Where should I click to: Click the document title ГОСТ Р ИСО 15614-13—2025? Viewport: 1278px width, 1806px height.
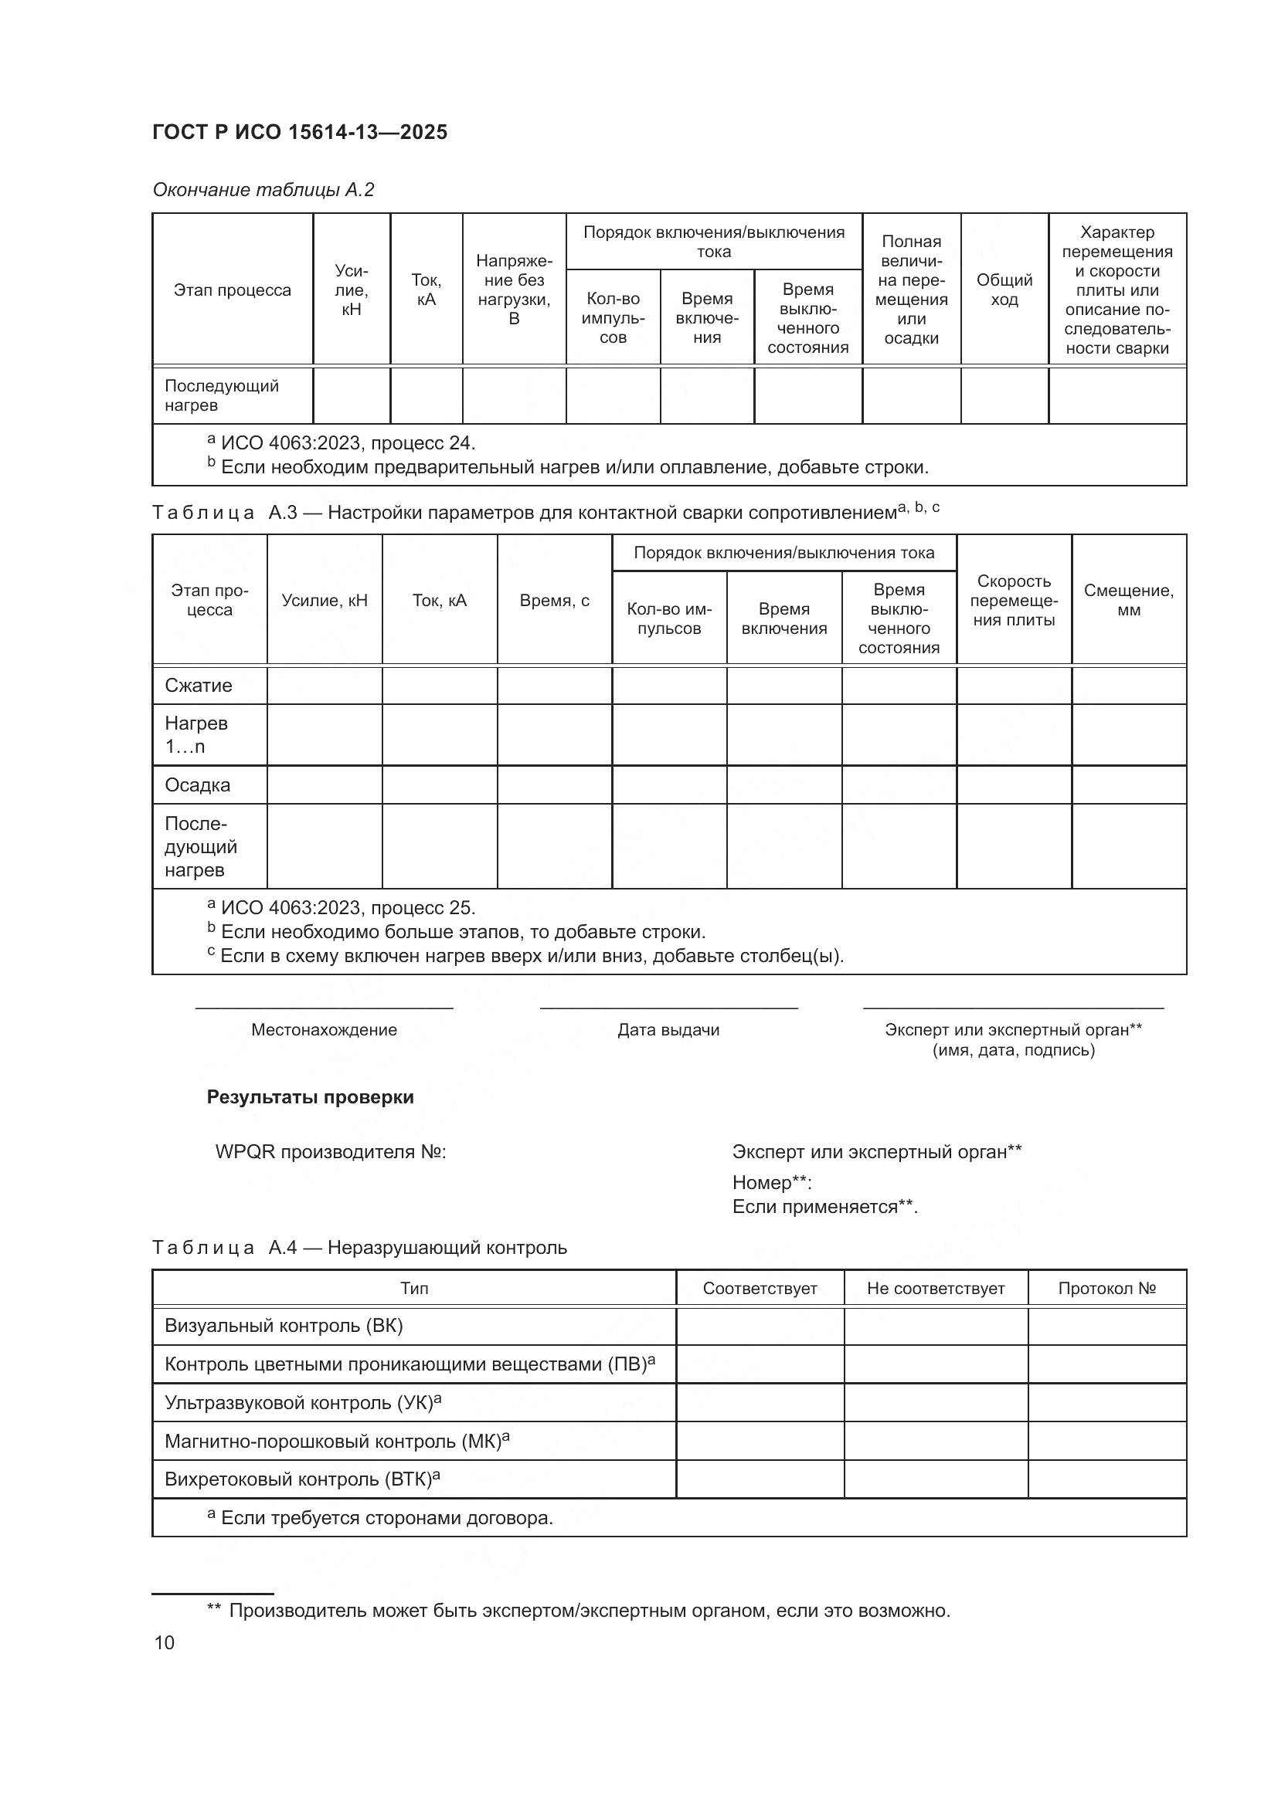click(x=300, y=132)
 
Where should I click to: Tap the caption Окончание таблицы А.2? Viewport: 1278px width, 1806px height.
click(x=263, y=190)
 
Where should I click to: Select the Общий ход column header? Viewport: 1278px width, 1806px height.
click(x=1004, y=290)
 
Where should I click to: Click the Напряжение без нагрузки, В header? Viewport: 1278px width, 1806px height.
click(x=514, y=290)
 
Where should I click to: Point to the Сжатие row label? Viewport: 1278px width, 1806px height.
click(x=199, y=685)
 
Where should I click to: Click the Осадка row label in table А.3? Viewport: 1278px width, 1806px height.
click(x=198, y=785)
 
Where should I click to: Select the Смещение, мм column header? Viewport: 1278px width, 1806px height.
click(x=1128, y=600)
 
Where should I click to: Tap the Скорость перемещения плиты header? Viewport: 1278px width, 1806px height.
click(x=1014, y=600)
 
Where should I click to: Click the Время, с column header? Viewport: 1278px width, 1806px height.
click(x=554, y=600)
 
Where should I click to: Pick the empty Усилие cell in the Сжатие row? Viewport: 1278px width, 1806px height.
click(x=325, y=685)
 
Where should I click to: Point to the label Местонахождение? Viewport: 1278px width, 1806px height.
click(x=325, y=1030)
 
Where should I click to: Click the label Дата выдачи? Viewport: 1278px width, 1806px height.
click(x=668, y=1030)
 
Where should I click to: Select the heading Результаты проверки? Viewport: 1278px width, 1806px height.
click(x=310, y=1097)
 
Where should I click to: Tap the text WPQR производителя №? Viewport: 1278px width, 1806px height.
click(x=331, y=1152)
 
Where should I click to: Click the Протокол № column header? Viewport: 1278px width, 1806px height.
click(x=1106, y=1289)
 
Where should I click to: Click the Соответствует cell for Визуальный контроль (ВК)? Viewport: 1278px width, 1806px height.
click(x=760, y=1327)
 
